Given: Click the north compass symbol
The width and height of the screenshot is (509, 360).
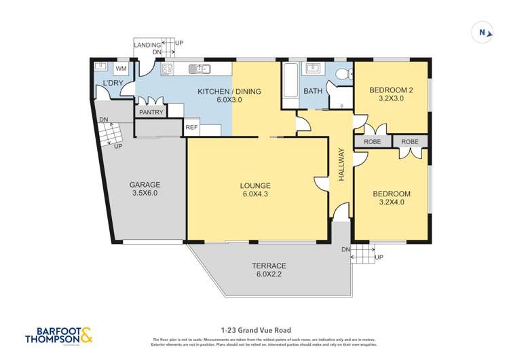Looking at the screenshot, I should click(482, 33).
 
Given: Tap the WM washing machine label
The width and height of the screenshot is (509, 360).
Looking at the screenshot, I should click(121, 69).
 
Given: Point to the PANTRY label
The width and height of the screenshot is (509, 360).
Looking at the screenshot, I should click(151, 112).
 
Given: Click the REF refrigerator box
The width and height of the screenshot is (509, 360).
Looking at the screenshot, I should click(192, 127).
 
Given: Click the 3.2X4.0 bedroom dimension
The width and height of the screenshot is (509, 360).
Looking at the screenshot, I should click(392, 203).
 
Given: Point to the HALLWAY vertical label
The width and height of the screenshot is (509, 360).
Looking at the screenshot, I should click(342, 164).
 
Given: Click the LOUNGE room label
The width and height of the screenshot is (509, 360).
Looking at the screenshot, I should click(254, 185).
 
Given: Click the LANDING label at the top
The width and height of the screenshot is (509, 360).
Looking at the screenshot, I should click(147, 45).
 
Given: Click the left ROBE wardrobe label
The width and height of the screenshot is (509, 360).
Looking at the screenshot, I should click(373, 141).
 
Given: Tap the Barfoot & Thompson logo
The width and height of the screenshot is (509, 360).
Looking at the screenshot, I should click(58, 336).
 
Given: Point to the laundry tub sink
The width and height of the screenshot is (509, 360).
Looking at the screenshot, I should click(100, 67).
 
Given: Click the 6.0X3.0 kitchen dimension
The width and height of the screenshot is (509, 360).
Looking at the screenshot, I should click(229, 100).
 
